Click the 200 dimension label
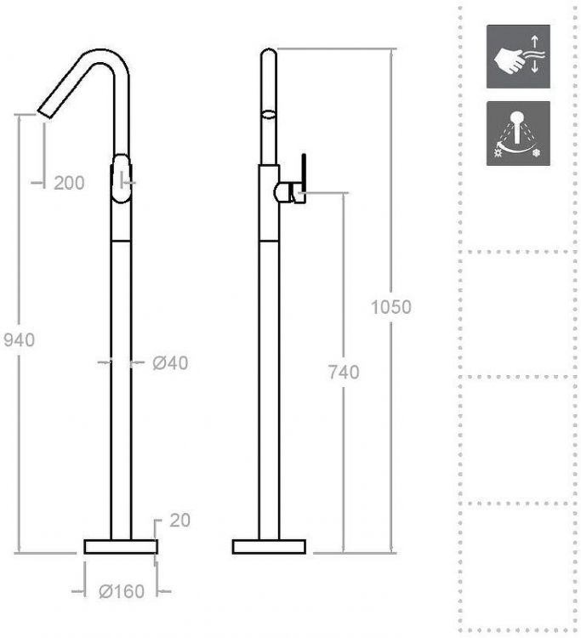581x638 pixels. click(x=69, y=182)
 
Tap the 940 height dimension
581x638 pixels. click(x=19, y=339)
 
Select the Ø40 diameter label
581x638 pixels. click(x=170, y=363)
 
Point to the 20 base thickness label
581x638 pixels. click(x=179, y=521)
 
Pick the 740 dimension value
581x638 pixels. click(x=342, y=372)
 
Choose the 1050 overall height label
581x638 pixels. click(x=391, y=307)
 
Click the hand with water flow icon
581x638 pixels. click(x=518, y=56)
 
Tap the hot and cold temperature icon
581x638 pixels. click(x=518, y=134)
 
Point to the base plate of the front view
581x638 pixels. click(x=121, y=546)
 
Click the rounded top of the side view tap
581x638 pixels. click(x=268, y=56)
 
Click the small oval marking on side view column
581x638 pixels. click(x=268, y=112)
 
